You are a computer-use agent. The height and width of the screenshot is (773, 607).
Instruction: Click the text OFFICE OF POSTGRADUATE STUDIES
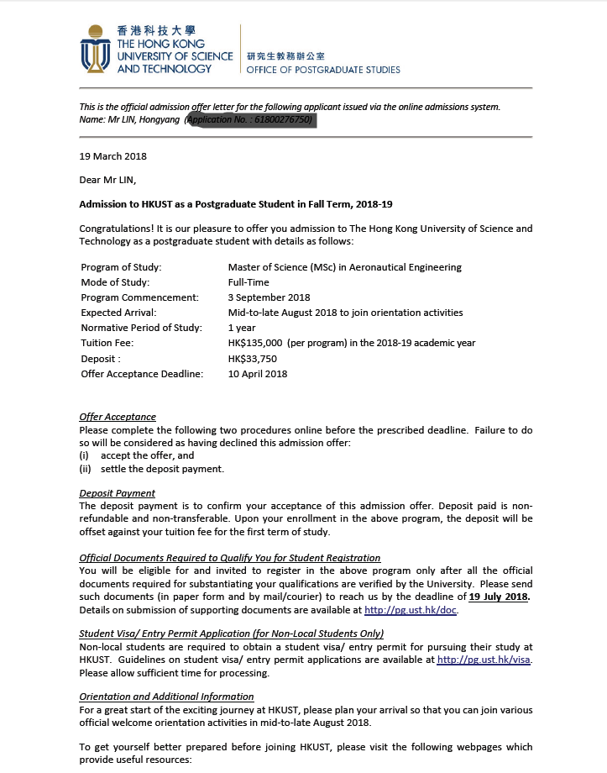pyautogui.click(x=323, y=70)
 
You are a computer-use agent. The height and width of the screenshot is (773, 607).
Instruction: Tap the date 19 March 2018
pyautogui.click(x=113, y=156)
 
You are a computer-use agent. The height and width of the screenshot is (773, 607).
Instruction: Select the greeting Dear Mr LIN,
pyautogui.click(x=107, y=180)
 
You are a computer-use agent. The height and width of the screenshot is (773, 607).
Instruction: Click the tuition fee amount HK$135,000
pyautogui.click(x=256, y=343)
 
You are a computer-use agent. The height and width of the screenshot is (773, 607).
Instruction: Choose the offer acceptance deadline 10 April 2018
pyautogui.click(x=257, y=374)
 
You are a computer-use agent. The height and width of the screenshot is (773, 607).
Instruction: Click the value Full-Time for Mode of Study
pyautogui.click(x=248, y=282)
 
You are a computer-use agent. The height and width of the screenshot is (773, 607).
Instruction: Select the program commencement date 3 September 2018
pyautogui.click(x=269, y=297)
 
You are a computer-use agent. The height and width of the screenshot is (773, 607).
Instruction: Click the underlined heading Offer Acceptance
pyautogui.click(x=118, y=417)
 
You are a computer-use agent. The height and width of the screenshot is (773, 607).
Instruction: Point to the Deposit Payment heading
pyautogui.click(x=117, y=493)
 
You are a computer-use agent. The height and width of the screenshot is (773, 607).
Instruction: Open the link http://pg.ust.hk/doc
pyautogui.click(x=411, y=610)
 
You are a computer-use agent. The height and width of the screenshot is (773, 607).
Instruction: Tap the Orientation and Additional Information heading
pyautogui.click(x=166, y=697)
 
